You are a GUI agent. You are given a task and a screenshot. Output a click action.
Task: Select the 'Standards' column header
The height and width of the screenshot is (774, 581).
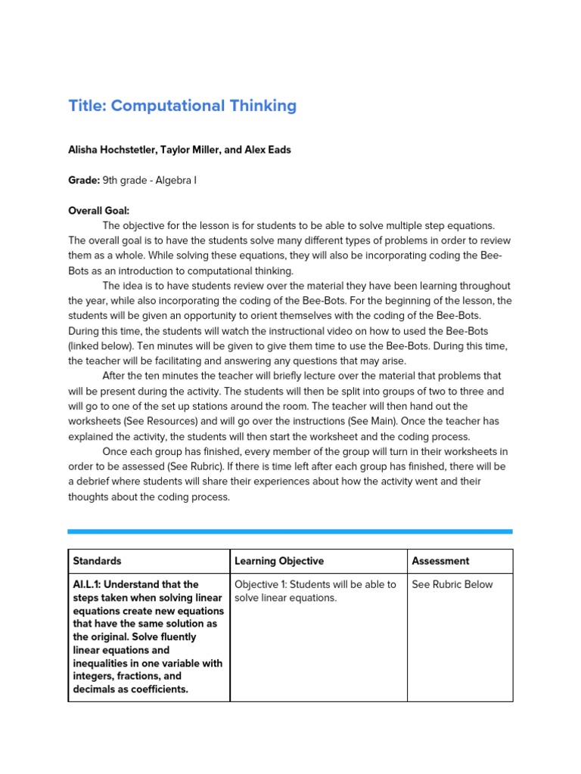(97, 561)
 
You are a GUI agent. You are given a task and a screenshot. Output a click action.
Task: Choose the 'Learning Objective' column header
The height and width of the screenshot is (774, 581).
(279, 561)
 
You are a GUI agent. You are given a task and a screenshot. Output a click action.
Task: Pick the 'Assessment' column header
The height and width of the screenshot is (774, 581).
(440, 561)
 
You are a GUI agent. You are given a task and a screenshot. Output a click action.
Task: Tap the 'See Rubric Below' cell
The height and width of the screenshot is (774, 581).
(452, 584)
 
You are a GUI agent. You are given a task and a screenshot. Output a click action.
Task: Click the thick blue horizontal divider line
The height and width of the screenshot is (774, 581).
(290, 531)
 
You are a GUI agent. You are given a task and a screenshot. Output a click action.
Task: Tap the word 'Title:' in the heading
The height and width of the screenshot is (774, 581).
(87, 106)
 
